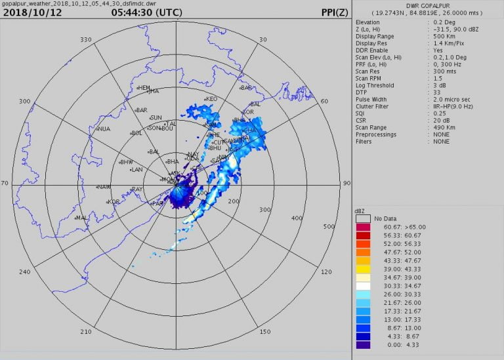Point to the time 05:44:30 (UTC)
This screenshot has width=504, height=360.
(x=147, y=12)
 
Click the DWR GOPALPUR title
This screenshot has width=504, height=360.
(x=427, y=5)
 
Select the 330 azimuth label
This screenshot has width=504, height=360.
(x=85, y=40)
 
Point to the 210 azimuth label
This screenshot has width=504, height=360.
(x=85, y=331)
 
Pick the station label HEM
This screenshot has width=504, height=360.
(x=144, y=88)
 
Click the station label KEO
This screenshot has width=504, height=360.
(x=211, y=99)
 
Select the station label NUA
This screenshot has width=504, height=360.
(x=104, y=129)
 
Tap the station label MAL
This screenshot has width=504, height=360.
(x=83, y=217)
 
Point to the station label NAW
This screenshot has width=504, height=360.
(x=104, y=187)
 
